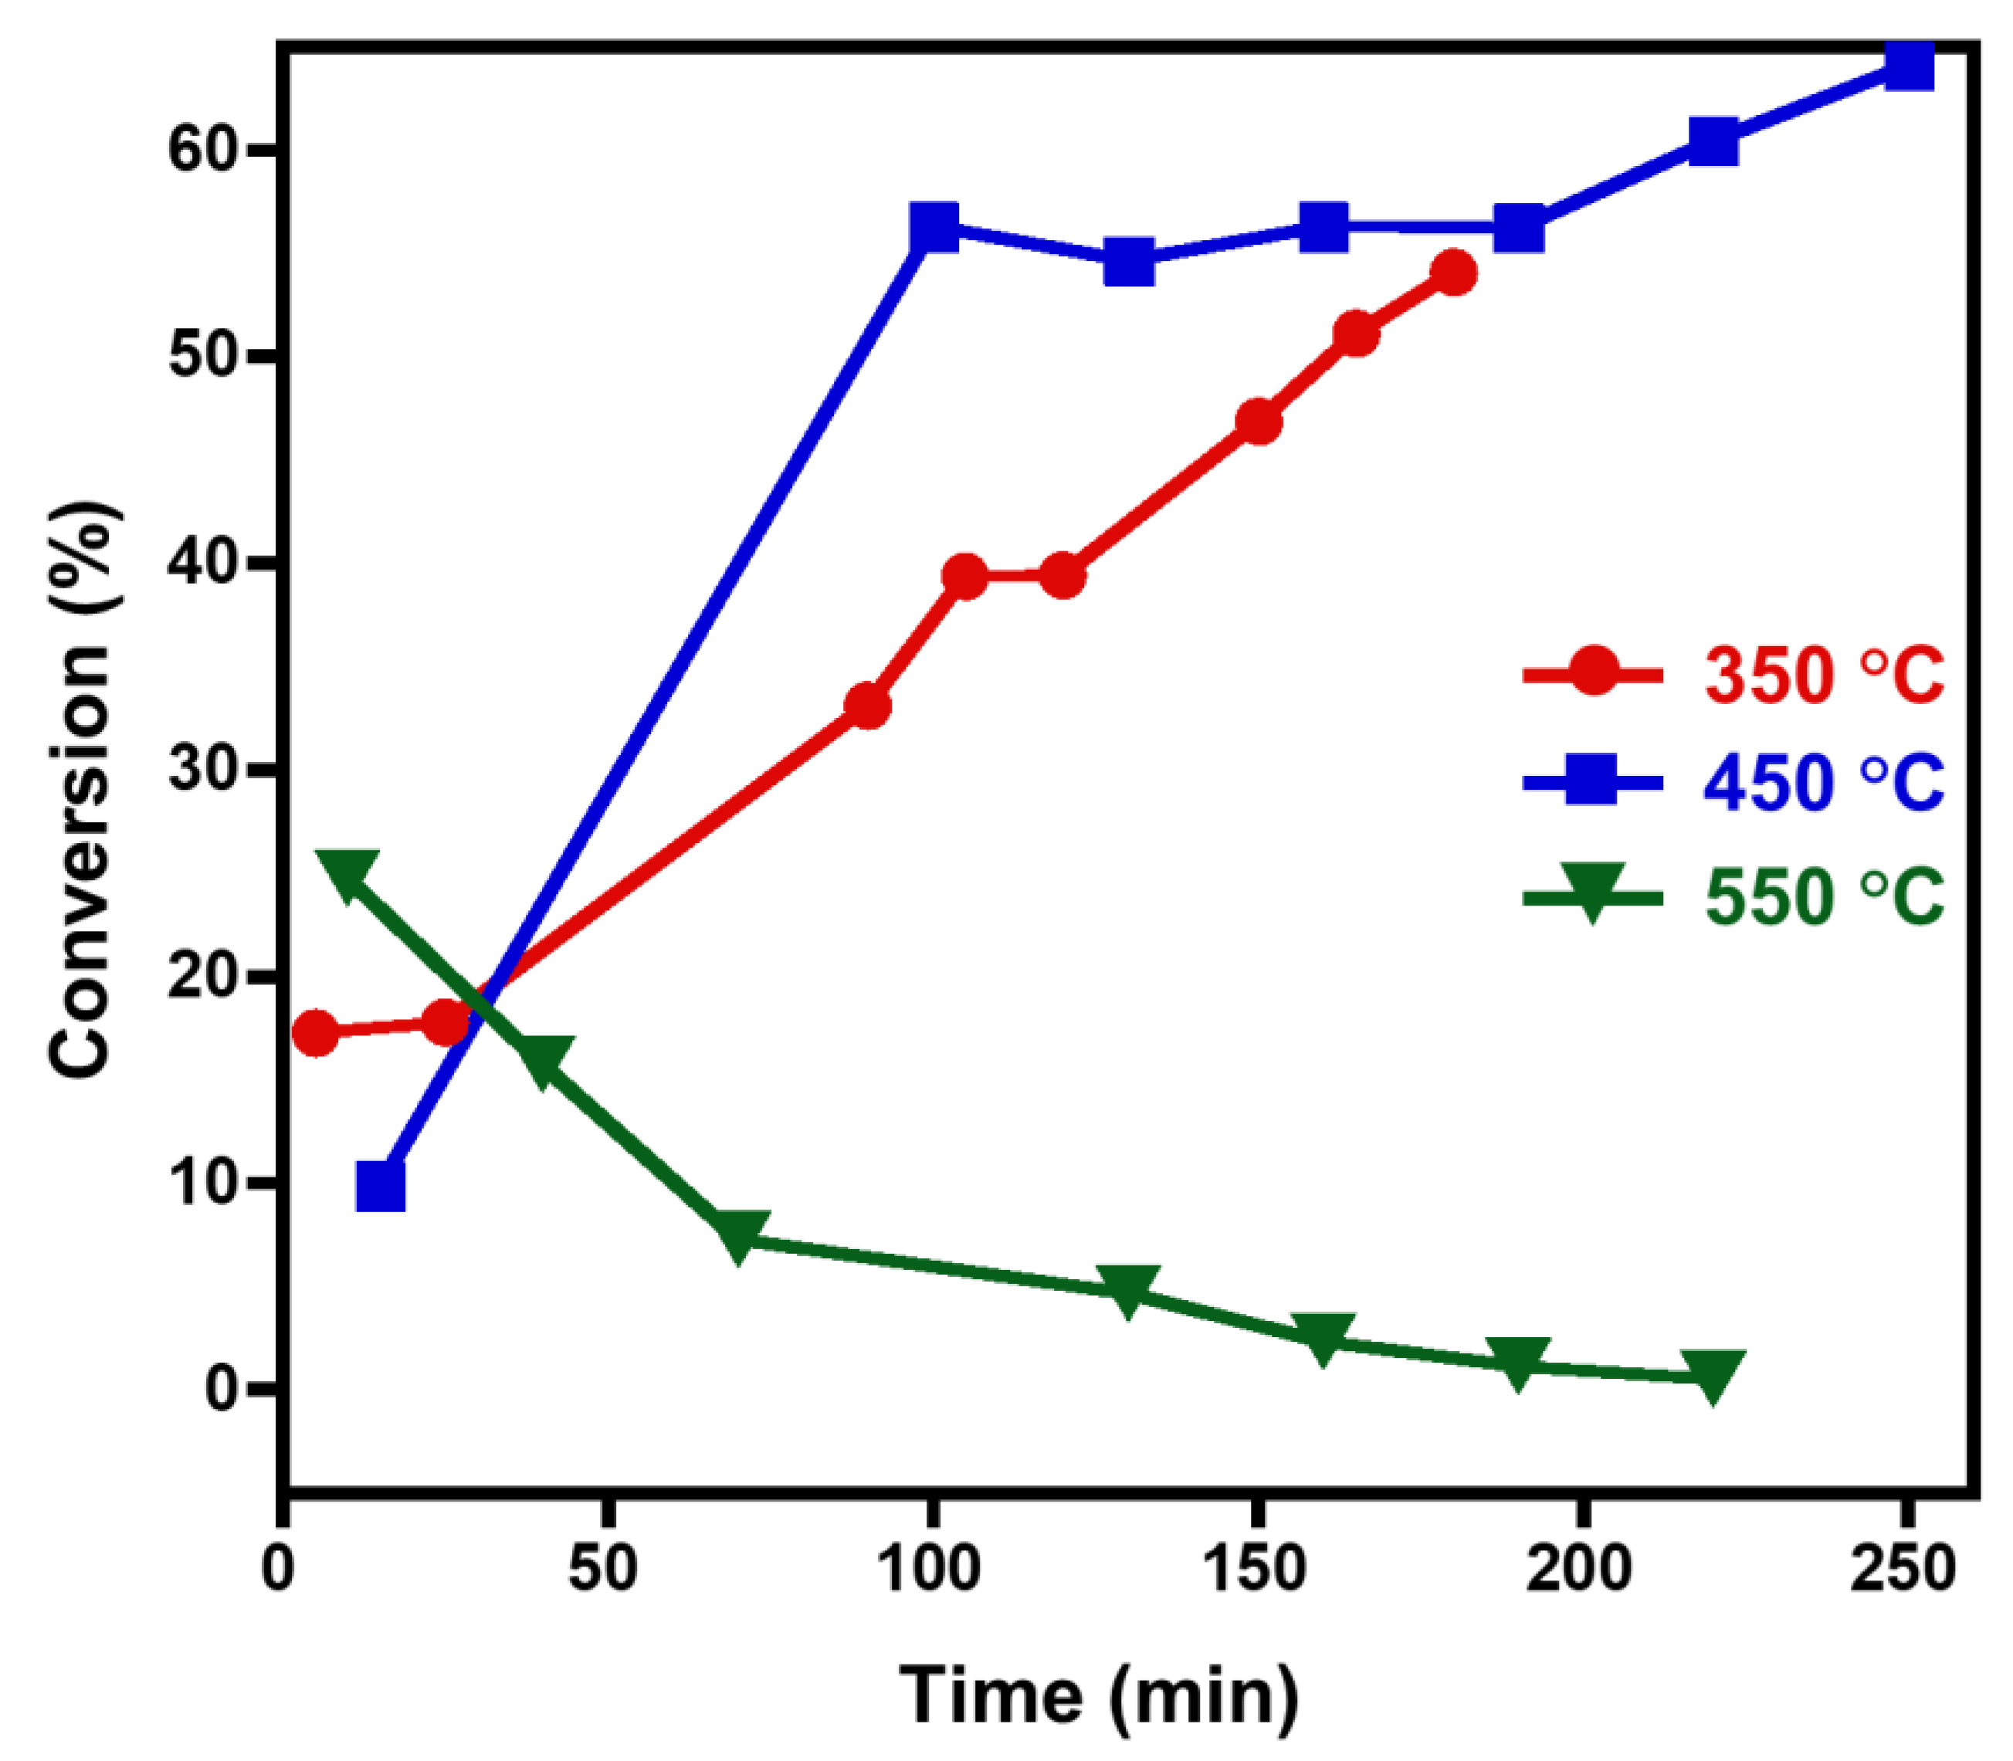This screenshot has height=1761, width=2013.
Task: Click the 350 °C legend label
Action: click(1823, 674)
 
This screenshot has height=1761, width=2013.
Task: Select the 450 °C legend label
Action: click(1823, 782)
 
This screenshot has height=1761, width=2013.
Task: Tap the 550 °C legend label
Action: click(1823, 896)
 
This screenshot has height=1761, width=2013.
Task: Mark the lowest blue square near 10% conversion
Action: click(381, 1187)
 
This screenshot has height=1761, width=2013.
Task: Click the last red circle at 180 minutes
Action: click(1452, 273)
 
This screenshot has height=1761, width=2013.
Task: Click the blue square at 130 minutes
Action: click(1127, 262)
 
